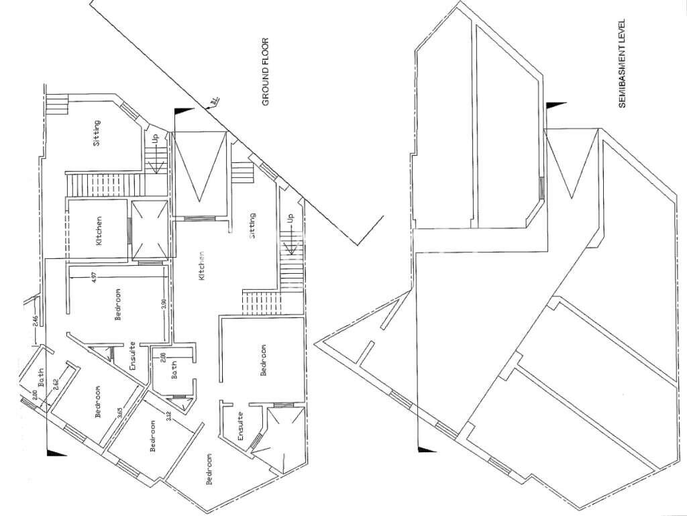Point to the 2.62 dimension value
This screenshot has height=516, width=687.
coord(56,384)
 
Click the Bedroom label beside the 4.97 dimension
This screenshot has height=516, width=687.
coord(118,305)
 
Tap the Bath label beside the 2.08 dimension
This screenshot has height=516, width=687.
coord(174,370)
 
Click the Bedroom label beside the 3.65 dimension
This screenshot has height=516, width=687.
coord(98,401)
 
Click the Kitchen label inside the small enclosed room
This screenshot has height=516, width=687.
coord(99,229)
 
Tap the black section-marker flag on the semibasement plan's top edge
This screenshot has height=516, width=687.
coord(553,106)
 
